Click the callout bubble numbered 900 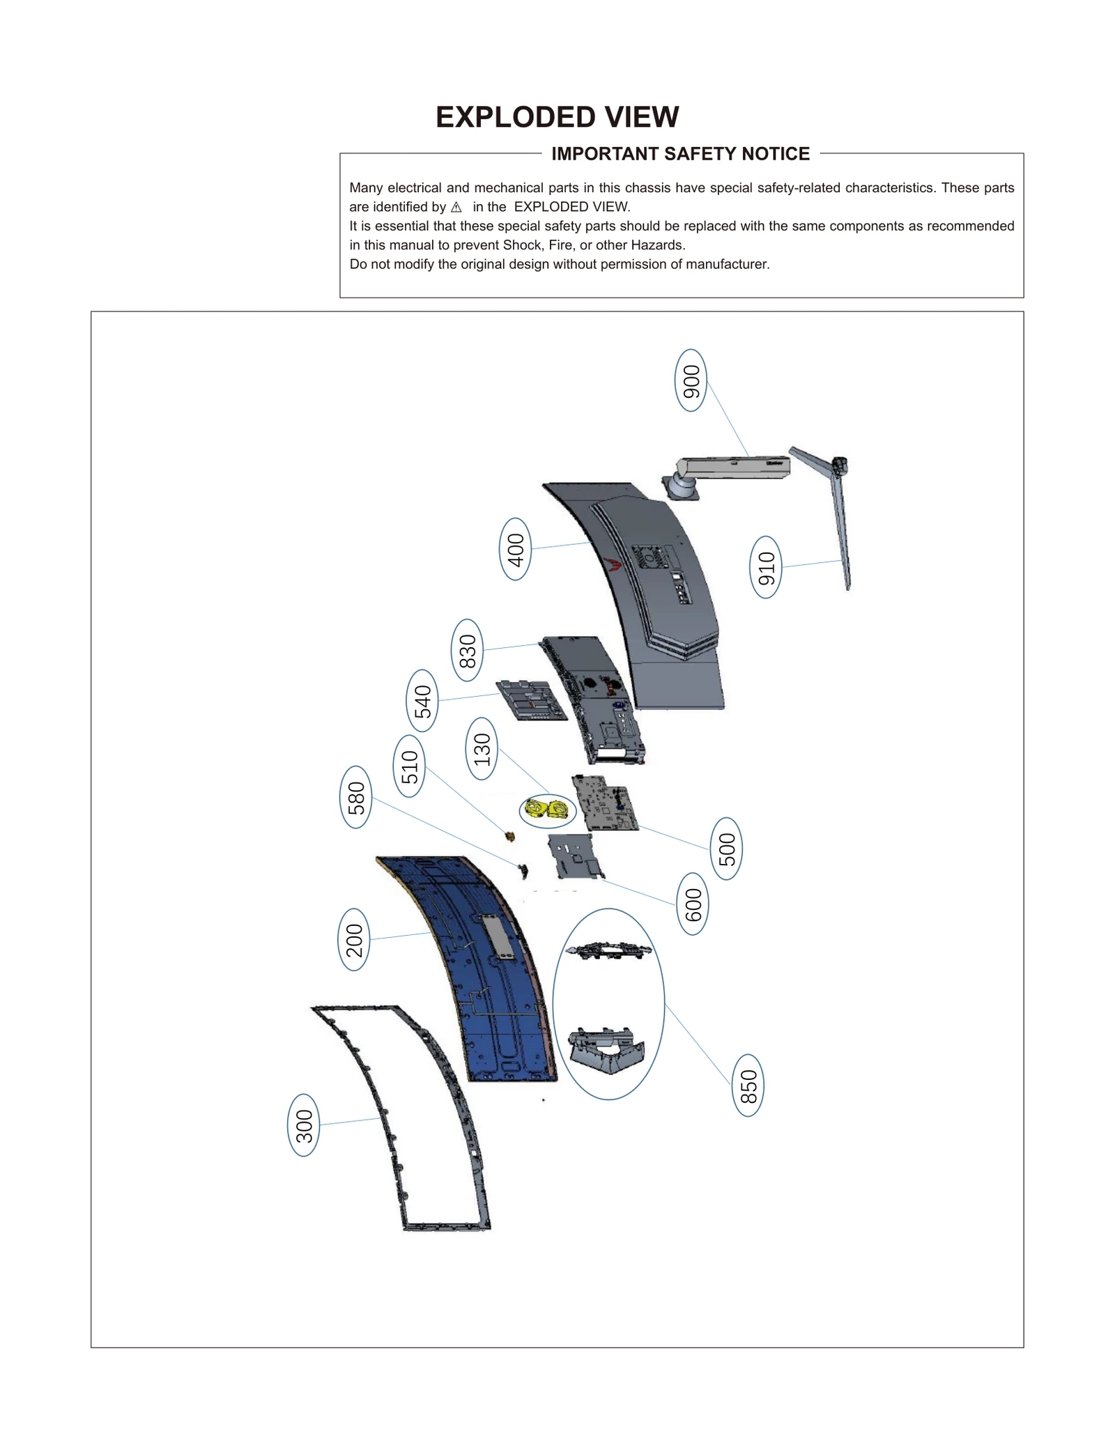[x=691, y=380]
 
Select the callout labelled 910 [x=765, y=567]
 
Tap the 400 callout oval [x=515, y=549]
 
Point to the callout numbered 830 [x=467, y=650]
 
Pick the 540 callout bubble [x=422, y=701]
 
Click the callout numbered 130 [x=482, y=749]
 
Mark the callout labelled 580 [x=355, y=797]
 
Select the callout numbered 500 [x=726, y=849]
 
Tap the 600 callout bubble [x=693, y=904]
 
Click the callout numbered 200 [x=354, y=940]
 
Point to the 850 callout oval [x=748, y=1086]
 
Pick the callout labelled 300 [x=304, y=1125]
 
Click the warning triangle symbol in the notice [x=456, y=207]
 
